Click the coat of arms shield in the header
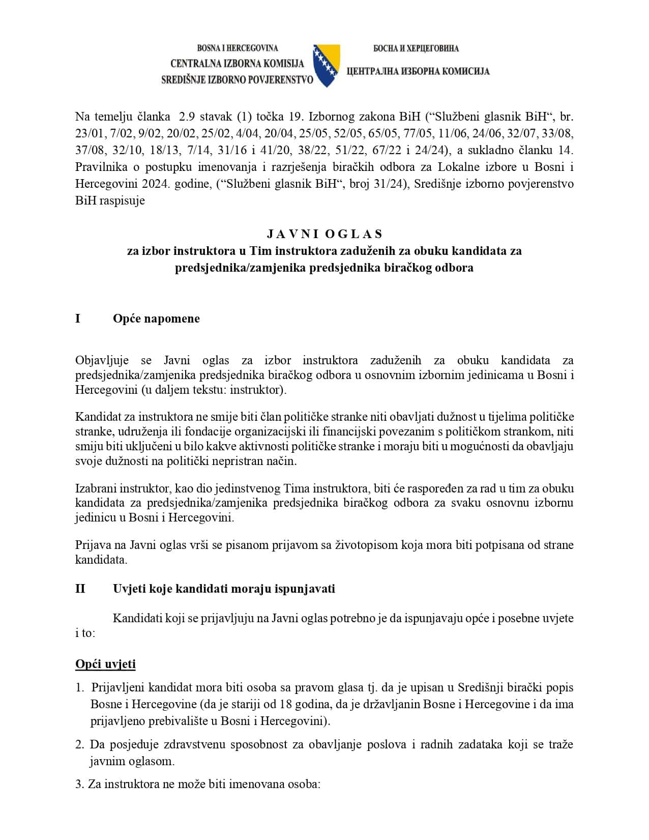(326, 64)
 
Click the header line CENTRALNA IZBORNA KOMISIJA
(237, 64)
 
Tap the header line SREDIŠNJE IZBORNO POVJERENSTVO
(237, 80)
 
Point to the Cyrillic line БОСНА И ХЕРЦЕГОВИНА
(416, 48)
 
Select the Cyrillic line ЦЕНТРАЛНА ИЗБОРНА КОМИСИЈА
(418, 71)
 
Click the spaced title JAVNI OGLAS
(324, 234)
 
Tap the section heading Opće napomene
(156, 318)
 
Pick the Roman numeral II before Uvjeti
(80, 589)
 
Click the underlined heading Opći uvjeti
(105, 664)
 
